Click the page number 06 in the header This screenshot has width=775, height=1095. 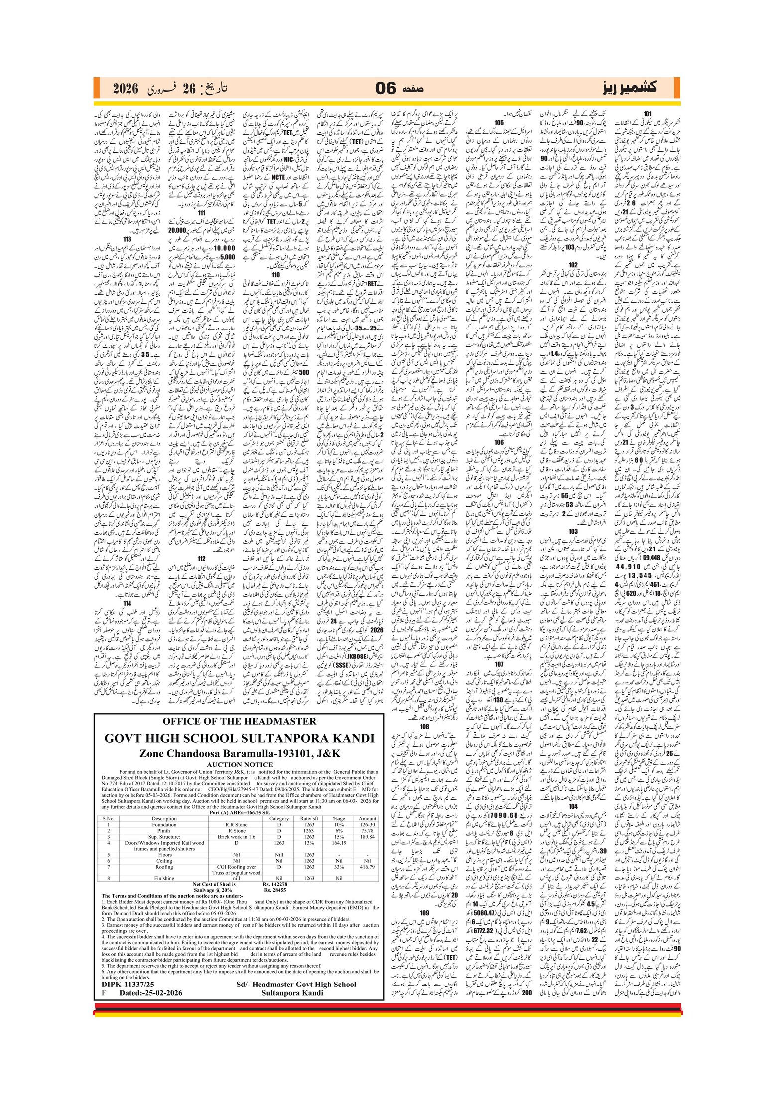pyautogui.click(x=386, y=89)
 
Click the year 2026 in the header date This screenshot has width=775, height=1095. pyautogui.click(x=125, y=89)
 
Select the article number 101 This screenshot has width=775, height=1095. pyautogui.click(x=647, y=114)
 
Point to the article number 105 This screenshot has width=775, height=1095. pyautogui.click(x=499, y=123)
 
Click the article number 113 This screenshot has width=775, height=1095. pyautogui.click(x=128, y=239)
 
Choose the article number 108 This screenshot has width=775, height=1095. pyautogui.click(x=424, y=727)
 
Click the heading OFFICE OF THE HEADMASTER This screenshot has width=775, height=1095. pyautogui.click(x=240, y=721)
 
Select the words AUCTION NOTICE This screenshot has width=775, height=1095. pyautogui.click(x=240, y=765)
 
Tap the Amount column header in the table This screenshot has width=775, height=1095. pyautogui.click(x=367, y=818)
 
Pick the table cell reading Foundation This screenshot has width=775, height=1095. pyautogui.click(x=164, y=824)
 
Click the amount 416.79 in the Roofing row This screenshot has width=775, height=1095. pyautogui.click(x=367, y=867)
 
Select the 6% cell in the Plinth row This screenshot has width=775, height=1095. pyautogui.click(x=339, y=830)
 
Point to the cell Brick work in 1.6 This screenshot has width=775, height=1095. pyautogui.click(x=236, y=837)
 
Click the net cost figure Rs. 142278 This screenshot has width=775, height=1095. pyautogui.click(x=275, y=884)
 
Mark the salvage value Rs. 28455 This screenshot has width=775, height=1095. pyautogui.click(x=275, y=890)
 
